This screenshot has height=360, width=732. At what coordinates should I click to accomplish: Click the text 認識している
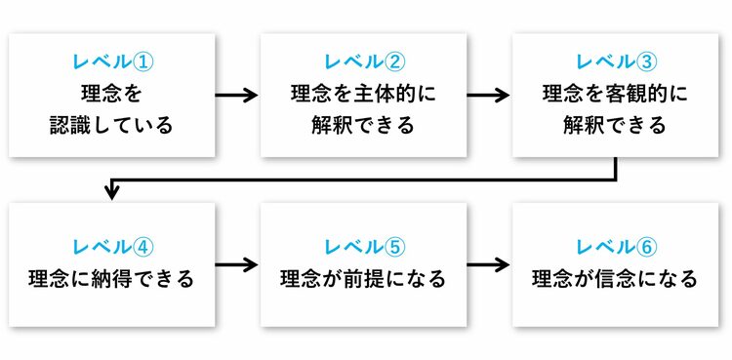coord(113,126)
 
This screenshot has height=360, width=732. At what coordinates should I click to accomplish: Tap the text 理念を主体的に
coord(363,95)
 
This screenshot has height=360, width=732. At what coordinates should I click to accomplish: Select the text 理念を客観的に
coord(615,95)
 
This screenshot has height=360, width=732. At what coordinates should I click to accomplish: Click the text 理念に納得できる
coord(111,278)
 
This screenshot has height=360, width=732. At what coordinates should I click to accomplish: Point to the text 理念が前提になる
coord(363,278)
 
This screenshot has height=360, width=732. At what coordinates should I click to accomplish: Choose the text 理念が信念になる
coord(615,278)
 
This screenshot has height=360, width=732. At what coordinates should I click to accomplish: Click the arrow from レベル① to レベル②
coord(236,96)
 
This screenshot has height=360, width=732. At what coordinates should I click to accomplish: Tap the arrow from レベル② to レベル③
coord(488,96)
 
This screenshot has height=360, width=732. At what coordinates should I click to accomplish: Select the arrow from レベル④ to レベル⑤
coord(236,264)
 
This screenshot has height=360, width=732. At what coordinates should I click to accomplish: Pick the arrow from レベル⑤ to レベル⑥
coord(488,264)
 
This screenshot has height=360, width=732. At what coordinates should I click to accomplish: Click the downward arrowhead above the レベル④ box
coord(112,191)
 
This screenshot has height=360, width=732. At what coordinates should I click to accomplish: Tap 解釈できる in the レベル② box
coord(363,126)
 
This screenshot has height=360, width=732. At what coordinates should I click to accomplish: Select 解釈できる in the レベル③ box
coord(615,126)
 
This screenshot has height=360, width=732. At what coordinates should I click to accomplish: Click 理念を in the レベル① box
coord(113,95)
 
